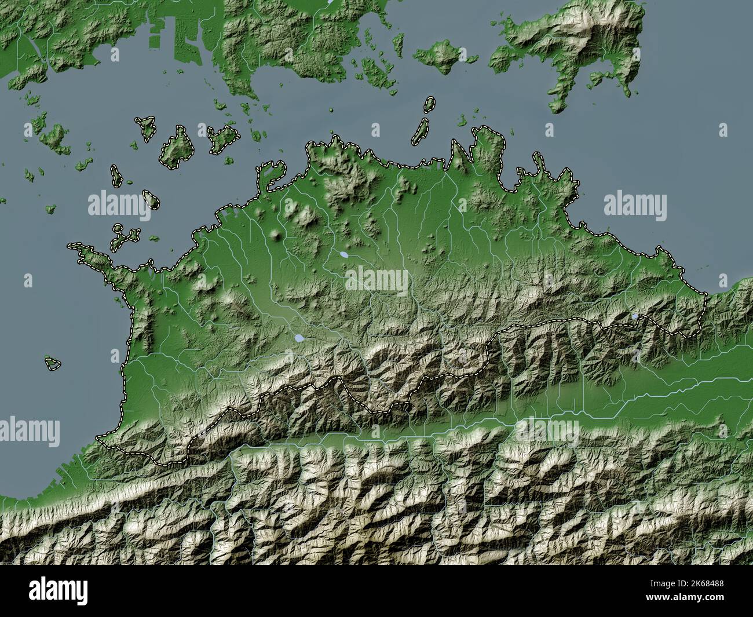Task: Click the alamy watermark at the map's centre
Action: pyautogui.click(x=376, y=282)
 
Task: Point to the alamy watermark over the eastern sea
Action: pyautogui.click(x=635, y=205)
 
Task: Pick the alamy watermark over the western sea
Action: pyautogui.click(x=119, y=205)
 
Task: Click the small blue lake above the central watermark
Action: pyautogui.click(x=344, y=254)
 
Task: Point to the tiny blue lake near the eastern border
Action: pyautogui.click(x=635, y=316)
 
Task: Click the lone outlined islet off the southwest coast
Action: pyautogui.click(x=53, y=363)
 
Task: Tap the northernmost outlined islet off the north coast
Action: pyautogui.click(x=429, y=104)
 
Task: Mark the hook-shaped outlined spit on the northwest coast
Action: pyautogui.click(x=272, y=174)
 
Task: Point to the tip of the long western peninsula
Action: pyautogui.click(x=72, y=247)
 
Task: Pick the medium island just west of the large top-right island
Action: pyautogui.click(x=444, y=56)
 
